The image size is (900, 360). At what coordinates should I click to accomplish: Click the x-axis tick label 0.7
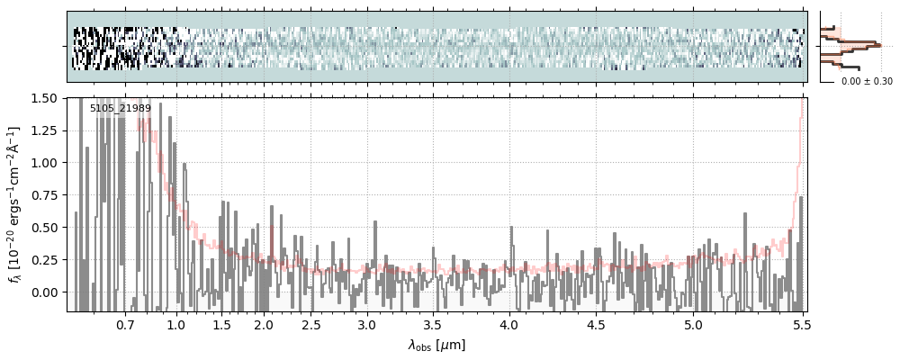[125, 324]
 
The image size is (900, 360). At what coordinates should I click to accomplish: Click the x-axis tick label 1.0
[176, 324]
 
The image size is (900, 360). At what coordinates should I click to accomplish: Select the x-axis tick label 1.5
[221, 324]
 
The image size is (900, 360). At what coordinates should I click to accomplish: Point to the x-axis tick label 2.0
[263, 324]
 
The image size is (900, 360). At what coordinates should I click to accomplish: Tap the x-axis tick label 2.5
[310, 324]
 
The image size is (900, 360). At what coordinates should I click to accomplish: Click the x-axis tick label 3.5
[433, 324]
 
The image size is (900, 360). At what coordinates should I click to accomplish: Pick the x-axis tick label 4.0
[509, 324]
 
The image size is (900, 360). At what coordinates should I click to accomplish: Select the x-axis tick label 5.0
[694, 324]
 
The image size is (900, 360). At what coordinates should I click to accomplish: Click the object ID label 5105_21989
[121, 109]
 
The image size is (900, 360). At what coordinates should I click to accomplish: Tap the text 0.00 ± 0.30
[867, 81]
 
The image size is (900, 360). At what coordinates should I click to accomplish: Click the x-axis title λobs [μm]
[436, 345]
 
